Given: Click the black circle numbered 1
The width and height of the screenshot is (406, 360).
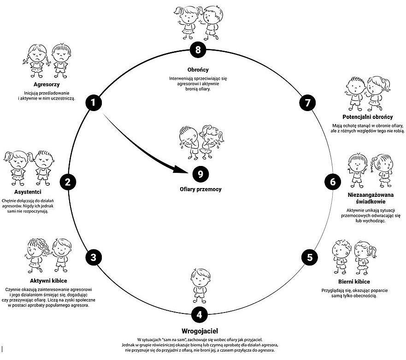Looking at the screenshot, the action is [x=94, y=103].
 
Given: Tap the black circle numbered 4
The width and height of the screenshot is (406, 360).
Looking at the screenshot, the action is [x=200, y=315].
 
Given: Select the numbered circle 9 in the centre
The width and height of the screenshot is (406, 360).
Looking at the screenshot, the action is [x=200, y=174].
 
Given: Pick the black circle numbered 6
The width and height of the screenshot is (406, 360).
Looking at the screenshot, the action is [x=333, y=182].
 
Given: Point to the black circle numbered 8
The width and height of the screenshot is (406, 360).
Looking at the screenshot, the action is [x=198, y=49].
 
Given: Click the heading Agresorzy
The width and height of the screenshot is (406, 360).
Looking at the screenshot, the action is [x=47, y=84].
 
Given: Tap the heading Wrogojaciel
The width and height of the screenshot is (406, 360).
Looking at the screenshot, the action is [x=200, y=331].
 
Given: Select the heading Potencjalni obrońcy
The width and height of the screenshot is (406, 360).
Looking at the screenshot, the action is [x=367, y=117].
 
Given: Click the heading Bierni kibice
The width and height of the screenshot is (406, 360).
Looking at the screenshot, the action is [x=354, y=282].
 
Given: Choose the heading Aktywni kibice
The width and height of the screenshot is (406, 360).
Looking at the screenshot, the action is [x=48, y=281].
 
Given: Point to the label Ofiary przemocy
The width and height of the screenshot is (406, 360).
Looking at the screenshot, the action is [x=200, y=189].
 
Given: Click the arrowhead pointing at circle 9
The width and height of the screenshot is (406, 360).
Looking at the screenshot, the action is [x=180, y=169].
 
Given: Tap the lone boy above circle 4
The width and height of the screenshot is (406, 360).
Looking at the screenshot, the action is [x=200, y=286].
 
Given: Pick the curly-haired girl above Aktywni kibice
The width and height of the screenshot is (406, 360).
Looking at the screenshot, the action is [x=38, y=255].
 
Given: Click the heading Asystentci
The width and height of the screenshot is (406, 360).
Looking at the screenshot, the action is [x=28, y=192].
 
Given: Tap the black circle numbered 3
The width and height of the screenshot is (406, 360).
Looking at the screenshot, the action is [x=94, y=257].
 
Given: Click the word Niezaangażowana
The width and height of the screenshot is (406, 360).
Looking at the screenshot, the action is [x=371, y=195].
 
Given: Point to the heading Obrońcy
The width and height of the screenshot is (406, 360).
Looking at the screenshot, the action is [x=198, y=70].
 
